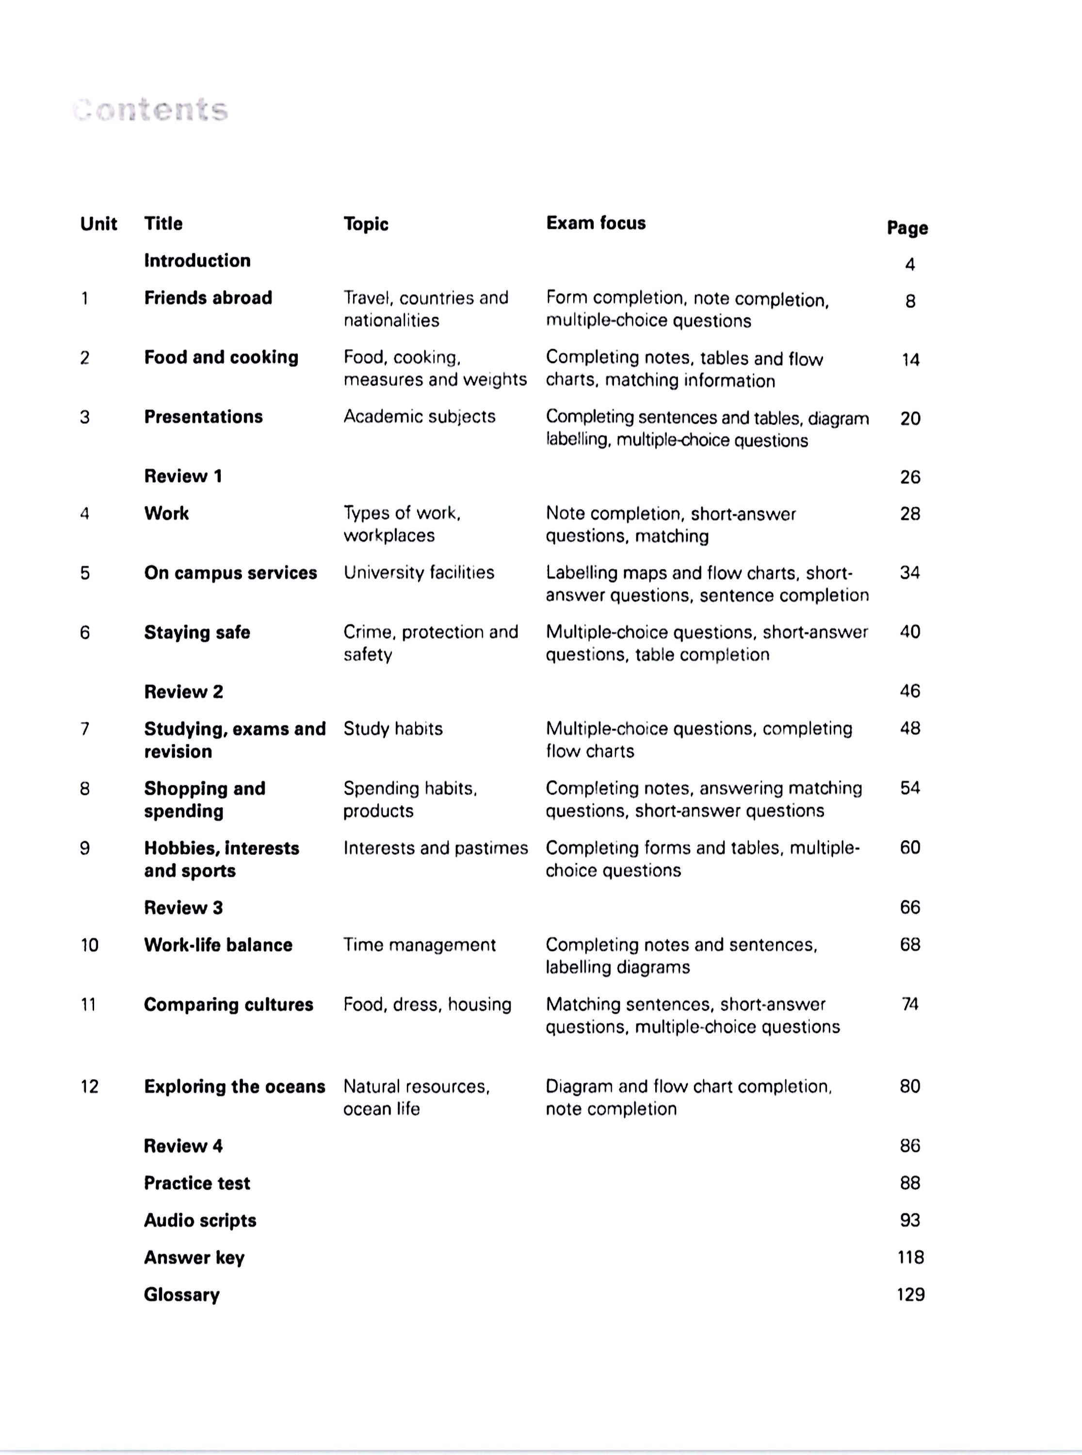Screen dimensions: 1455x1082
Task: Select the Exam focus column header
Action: [596, 223]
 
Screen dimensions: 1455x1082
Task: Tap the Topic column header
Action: [366, 224]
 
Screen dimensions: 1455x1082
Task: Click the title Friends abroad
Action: [208, 298]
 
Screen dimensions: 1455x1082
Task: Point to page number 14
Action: [910, 359]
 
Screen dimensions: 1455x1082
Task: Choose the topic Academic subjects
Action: [419, 417]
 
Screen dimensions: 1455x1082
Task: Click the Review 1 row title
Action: [183, 476]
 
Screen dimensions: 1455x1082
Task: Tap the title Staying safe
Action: [196, 632]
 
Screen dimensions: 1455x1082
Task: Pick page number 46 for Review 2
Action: [910, 691]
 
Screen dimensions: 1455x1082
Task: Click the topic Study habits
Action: [393, 729]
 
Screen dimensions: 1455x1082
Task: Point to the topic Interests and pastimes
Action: [436, 848]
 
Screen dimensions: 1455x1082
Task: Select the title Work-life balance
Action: [218, 945]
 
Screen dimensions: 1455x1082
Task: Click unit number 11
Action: [88, 1004]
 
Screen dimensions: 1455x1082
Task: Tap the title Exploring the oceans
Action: [234, 1086]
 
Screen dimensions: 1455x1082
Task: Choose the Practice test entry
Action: [196, 1183]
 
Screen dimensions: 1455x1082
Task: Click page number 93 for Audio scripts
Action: [910, 1220]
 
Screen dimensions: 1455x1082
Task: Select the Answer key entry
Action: [194, 1257]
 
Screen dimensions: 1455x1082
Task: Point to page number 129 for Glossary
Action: [910, 1294]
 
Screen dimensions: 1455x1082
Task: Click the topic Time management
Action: [419, 945]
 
